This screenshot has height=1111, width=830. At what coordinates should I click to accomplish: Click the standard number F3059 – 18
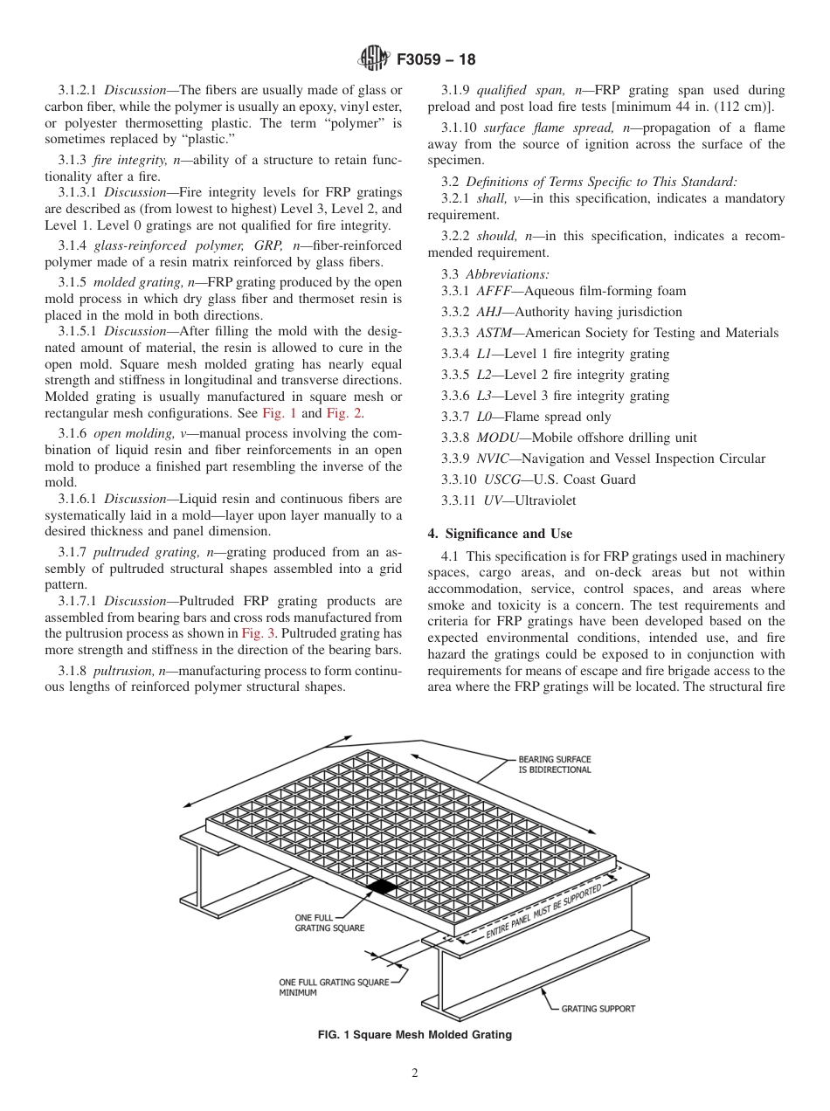[x=436, y=60]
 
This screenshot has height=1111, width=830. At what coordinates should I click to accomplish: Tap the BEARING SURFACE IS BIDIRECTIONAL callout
[x=554, y=764]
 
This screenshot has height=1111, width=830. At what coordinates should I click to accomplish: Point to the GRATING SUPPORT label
[x=598, y=1009]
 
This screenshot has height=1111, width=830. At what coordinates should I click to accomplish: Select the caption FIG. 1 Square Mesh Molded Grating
[x=415, y=1035]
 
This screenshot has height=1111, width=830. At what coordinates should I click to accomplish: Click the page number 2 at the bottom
[x=415, y=1073]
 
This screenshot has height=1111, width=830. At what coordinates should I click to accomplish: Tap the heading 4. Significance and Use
[x=500, y=533]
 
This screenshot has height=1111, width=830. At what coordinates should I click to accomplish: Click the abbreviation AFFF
[x=494, y=291]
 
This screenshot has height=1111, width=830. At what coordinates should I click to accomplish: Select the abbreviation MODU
[x=497, y=438]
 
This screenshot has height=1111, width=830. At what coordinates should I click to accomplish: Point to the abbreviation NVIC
[x=495, y=459]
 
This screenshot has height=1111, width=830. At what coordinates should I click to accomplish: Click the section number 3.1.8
[x=73, y=670]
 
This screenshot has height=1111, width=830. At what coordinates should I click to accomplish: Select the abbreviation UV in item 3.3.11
[x=492, y=500]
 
